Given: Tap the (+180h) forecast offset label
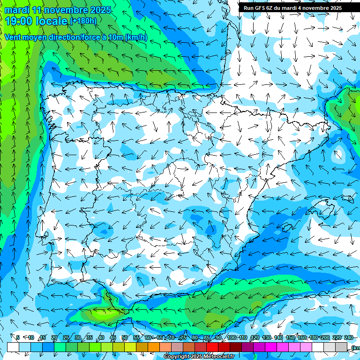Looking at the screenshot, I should tap(83, 21).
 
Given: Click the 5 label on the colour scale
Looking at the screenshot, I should tap(18, 337).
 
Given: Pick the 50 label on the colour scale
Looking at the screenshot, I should tap(124, 337).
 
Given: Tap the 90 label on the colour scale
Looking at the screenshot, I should tap(218, 337).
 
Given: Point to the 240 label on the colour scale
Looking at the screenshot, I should tap(348, 337).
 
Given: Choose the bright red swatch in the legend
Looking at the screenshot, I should tap(212, 347).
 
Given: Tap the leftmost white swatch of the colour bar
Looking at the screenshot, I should tap(13, 347).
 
